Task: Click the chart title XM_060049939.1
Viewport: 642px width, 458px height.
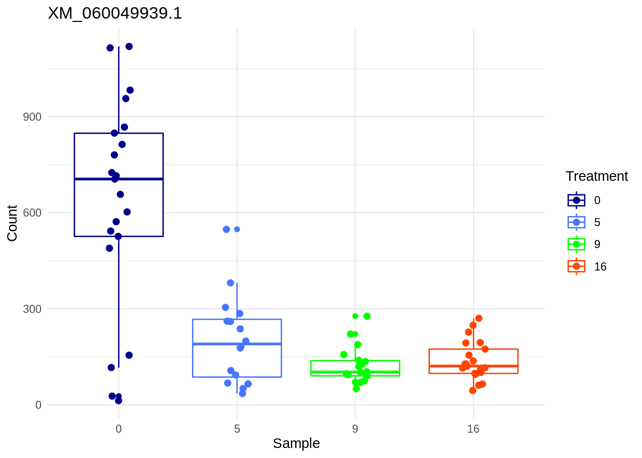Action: (115, 13)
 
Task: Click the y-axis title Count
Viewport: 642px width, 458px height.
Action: (12, 223)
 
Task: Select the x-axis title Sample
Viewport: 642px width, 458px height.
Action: (296, 443)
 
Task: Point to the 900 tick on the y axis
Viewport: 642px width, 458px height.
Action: (32, 117)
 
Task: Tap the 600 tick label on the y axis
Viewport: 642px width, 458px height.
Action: (32, 213)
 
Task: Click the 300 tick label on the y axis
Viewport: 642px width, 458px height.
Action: (32, 309)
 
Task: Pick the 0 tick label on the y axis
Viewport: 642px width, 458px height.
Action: (38, 405)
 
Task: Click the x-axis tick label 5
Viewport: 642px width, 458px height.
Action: (237, 429)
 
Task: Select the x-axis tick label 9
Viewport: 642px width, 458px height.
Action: (355, 429)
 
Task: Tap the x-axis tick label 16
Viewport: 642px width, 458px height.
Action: (473, 429)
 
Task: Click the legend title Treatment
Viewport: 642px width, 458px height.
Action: (597, 176)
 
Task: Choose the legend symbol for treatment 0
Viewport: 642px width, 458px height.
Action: (577, 200)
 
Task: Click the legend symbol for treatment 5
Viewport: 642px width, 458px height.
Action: (577, 222)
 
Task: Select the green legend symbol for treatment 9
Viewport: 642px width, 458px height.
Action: (577, 244)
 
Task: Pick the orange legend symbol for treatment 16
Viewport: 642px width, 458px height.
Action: (577, 266)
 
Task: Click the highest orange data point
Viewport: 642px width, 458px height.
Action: (479, 318)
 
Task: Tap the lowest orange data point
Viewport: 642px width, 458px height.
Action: (472, 390)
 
